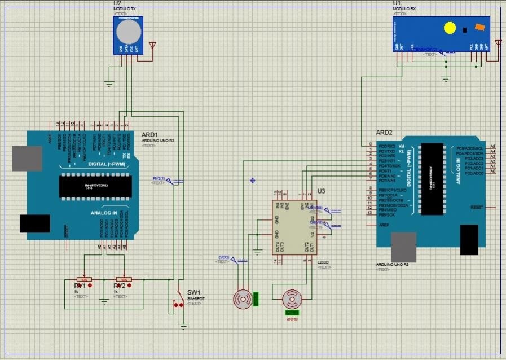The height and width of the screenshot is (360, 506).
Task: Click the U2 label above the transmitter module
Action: point(117,3)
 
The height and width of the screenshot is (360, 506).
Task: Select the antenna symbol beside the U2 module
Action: point(152,45)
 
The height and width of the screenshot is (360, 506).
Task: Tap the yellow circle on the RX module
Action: point(450,27)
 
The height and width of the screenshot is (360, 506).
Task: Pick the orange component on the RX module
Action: point(479,27)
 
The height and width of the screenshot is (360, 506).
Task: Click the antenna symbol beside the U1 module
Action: point(498,43)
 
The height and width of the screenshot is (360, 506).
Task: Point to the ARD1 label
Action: point(149,135)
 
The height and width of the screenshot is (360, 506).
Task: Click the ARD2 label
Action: point(384,133)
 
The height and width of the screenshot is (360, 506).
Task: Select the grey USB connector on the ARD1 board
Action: point(22,159)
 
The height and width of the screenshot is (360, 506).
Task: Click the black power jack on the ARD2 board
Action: point(469,240)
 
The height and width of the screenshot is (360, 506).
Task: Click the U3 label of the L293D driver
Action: point(321,191)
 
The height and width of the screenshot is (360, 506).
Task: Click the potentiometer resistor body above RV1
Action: point(84,279)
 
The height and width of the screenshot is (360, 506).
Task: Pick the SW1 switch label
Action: point(194,292)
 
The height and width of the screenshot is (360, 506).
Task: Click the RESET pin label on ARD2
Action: point(477,208)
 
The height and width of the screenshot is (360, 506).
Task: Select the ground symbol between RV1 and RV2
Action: point(104,301)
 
